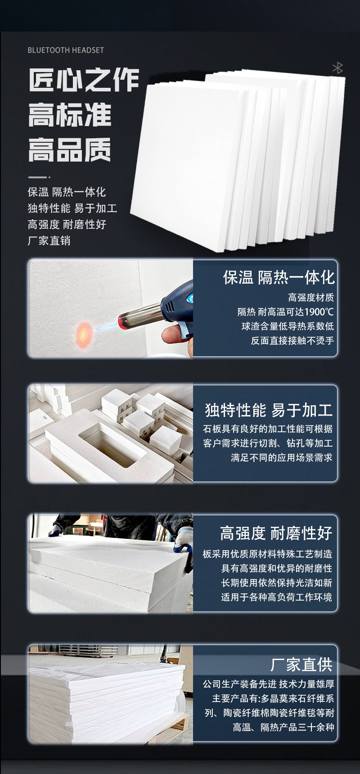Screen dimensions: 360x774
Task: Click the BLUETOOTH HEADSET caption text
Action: click(66, 50)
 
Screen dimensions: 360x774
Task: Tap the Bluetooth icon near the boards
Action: click(337, 68)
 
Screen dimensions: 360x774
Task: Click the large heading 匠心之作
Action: click(84, 81)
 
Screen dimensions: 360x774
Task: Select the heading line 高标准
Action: click(70, 115)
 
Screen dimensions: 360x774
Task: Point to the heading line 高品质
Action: click(70, 150)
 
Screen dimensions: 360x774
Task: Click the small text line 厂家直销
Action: click(49, 240)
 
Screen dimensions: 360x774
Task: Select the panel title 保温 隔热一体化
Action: click(279, 277)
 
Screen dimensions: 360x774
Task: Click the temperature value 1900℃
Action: click(319, 312)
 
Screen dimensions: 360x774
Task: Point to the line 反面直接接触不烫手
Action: click(292, 341)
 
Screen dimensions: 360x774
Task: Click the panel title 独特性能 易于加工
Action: click(269, 410)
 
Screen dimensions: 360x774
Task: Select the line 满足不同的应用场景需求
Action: click(282, 458)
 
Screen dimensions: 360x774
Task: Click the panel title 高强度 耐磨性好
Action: click(276, 534)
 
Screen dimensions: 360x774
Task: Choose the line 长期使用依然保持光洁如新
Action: click(277, 583)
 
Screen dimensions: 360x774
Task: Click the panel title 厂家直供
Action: click(301, 665)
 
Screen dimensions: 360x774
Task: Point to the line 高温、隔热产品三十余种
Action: click(283, 727)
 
